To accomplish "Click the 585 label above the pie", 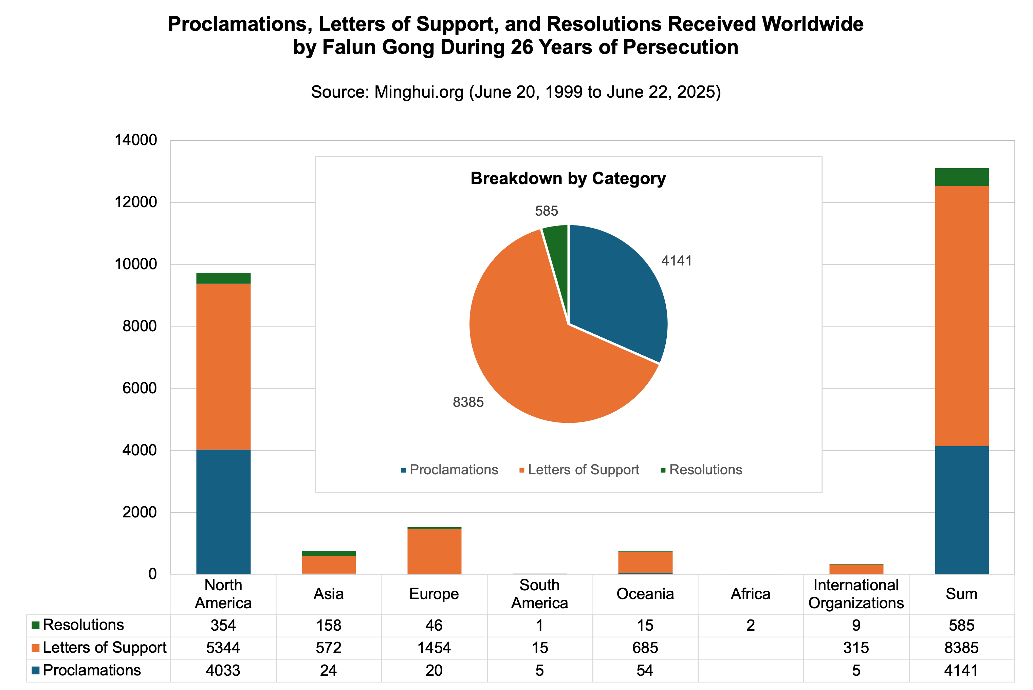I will click(546, 211).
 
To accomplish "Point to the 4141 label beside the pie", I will click(676, 261).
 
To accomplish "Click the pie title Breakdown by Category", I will click(568, 179).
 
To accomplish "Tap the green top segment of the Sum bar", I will click(962, 177).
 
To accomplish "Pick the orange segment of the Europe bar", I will click(434, 551).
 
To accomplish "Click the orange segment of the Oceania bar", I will click(645, 562).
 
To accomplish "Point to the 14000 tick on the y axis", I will click(136, 140).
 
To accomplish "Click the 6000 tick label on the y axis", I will click(139, 388).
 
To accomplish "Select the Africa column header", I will click(751, 594).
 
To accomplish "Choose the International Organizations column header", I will click(856, 594).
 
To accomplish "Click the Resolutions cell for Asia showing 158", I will click(329, 625).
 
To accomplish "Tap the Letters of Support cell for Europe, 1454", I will click(434, 648).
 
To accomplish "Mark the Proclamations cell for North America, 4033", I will click(223, 670).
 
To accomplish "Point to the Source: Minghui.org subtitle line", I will click(516, 92).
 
